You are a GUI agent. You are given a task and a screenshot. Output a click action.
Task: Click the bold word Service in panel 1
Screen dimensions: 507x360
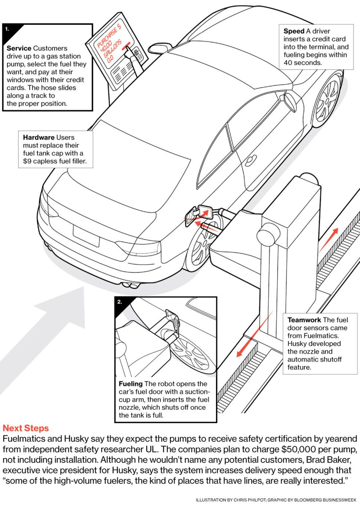19,48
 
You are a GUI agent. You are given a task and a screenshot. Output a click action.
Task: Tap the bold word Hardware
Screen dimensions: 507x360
39,138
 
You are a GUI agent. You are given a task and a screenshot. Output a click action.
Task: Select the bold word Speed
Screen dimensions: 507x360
294,31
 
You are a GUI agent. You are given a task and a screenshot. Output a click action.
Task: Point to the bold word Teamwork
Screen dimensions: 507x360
304,320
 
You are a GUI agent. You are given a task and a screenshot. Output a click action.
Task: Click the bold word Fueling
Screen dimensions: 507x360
131,384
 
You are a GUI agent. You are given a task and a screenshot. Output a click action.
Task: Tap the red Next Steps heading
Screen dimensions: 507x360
26,428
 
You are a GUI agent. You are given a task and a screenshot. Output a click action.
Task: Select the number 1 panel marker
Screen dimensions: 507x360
8,29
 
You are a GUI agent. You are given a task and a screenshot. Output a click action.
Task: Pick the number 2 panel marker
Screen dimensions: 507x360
120,302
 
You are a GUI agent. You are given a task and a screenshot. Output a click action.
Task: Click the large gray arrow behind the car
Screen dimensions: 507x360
43,335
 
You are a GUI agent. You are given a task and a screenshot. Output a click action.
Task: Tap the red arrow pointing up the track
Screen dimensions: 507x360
329,239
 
